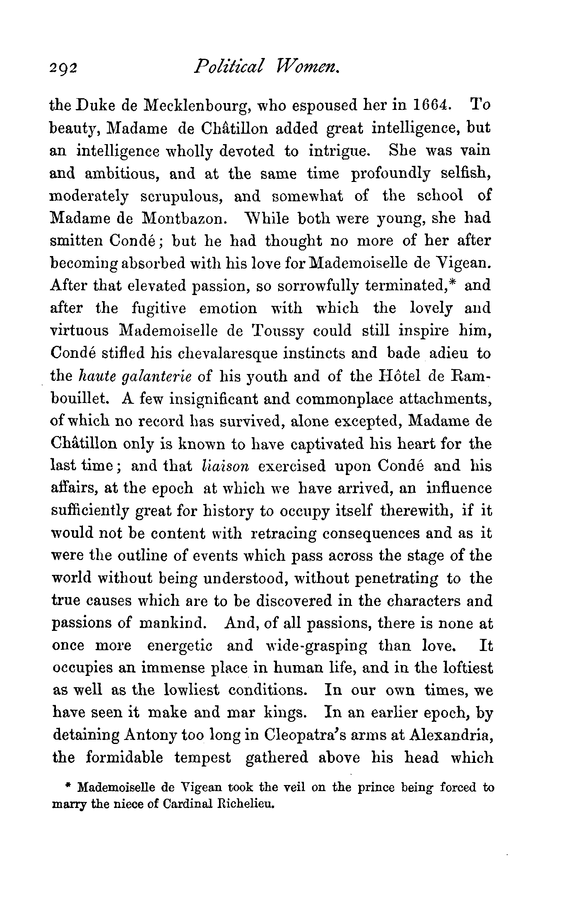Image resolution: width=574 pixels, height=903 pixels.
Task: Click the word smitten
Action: [76, 241]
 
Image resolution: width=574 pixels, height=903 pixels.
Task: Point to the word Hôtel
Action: [397, 376]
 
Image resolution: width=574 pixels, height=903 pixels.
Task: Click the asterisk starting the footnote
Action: [68, 786]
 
